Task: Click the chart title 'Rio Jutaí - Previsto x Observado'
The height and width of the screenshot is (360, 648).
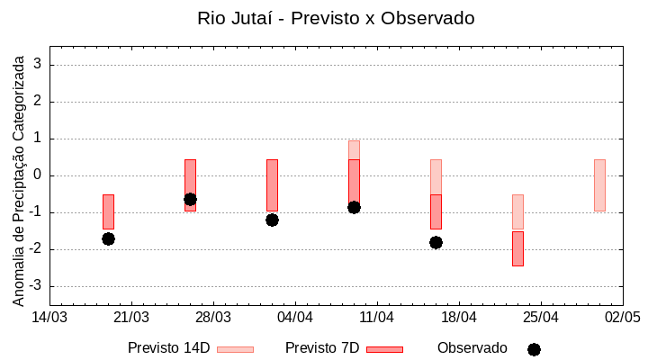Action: pyautogui.click(x=336, y=18)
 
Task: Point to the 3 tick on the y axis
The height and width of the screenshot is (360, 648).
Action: pyautogui.click(x=39, y=65)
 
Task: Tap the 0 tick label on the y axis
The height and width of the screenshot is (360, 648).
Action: pyautogui.click(x=39, y=175)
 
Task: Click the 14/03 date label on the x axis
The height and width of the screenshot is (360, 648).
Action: pyautogui.click(x=49, y=317)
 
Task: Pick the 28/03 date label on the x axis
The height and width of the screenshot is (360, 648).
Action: pyautogui.click(x=213, y=317)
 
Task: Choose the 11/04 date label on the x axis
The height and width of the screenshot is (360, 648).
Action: pyautogui.click(x=377, y=317)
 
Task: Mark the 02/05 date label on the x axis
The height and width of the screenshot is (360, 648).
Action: pyautogui.click(x=622, y=317)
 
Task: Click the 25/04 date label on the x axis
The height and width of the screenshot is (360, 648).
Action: pyautogui.click(x=541, y=317)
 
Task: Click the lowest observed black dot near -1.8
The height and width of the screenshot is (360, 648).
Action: pyautogui.click(x=436, y=242)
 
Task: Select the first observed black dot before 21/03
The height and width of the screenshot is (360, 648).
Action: pyautogui.click(x=108, y=238)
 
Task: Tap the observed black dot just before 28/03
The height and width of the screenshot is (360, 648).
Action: pyautogui.click(x=190, y=199)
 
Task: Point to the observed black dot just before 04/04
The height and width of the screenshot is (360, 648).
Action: pyautogui.click(x=272, y=220)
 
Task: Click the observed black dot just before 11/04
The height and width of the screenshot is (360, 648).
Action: pyautogui.click(x=354, y=207)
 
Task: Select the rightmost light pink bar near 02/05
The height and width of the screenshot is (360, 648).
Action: pyautogui.click(x=599, y=185)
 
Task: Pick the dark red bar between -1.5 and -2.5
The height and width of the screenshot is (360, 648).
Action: pyautogui.click(x=517, y=248)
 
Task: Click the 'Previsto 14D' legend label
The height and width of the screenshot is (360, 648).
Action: pyautogui.click(x=168, y=348)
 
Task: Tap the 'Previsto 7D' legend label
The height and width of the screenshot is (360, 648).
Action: pyautogui.click(x=322, y=348)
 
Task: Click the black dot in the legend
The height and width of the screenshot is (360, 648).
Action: pyautogui.click(x=534, y=349)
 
